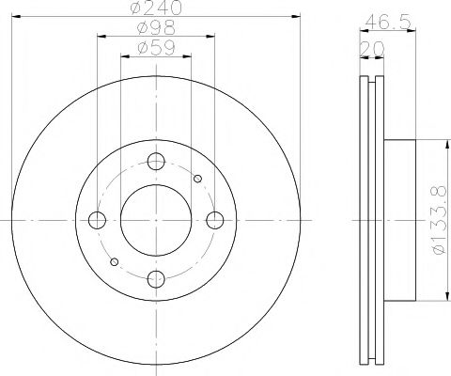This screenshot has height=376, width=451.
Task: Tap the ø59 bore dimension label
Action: coord(155,47)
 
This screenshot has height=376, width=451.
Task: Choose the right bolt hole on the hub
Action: coord(214,220)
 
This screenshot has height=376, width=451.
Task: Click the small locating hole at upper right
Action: coord(197,178)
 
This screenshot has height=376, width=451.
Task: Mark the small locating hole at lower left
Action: coord(114,261)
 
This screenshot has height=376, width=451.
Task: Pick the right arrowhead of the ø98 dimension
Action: coord(211,35)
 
